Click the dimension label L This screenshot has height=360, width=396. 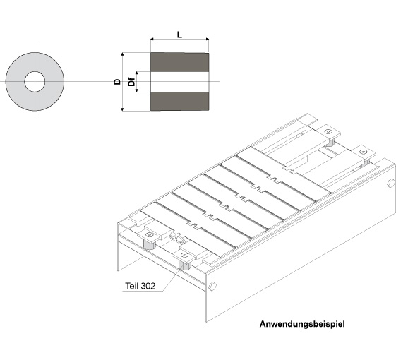click(179, 35)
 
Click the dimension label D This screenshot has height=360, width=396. click(117, 82)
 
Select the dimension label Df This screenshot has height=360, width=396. click(131, 81)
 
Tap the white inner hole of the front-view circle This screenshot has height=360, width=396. click(35, 82)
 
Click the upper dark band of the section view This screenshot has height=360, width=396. click(179, 62)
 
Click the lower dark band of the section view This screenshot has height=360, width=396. click(179, 102)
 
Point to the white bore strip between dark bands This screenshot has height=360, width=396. click(179, 82)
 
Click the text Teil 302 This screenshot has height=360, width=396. click(140, 286)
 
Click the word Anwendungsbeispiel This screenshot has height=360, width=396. click(302, 324)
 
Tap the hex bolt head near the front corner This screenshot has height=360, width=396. click(212, 286)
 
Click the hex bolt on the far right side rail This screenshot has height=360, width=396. click(391, 183)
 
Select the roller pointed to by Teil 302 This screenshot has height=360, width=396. click(184, 265)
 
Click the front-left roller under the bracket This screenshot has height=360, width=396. click(149, 244)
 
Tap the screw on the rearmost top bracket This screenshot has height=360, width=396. click(328, 131)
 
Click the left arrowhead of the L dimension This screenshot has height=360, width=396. click(152, 39)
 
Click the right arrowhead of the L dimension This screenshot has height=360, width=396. click(208, 39)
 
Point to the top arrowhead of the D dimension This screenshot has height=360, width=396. click(123, 54)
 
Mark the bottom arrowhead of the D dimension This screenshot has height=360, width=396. click(123, 109)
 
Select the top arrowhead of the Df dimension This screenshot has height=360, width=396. click(137, 73)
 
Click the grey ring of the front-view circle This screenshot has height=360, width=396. click(15, 82)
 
